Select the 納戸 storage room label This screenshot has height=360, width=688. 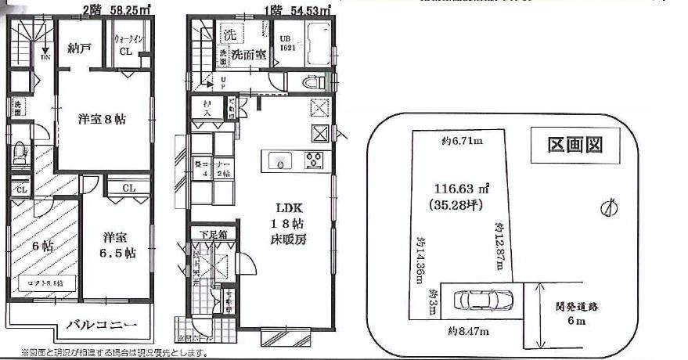(x=80, y=49)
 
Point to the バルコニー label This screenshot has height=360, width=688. (x=101, y=323)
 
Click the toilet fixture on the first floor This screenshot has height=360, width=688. (x=313, y=81)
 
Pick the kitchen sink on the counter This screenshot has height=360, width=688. (x=279, y=160)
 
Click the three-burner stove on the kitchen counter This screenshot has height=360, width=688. (x=315, y=160)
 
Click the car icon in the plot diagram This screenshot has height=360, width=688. (x=483, y=300)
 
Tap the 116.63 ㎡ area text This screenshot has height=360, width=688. (x=463, y=189)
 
